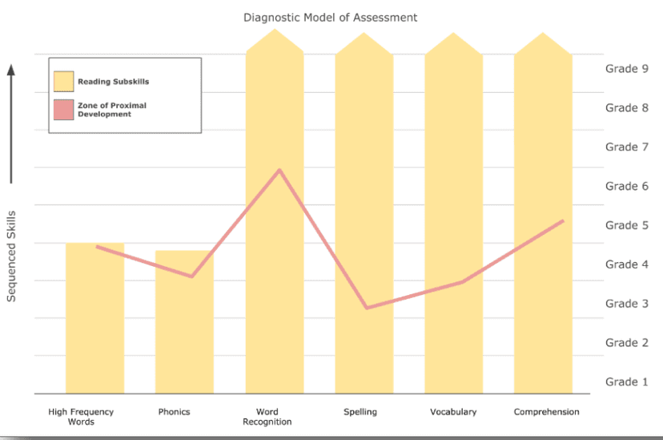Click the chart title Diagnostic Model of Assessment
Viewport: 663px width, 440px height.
331,17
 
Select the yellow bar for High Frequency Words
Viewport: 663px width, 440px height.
94,321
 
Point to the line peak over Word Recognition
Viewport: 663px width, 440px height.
279,170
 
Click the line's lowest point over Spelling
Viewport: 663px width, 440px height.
366,308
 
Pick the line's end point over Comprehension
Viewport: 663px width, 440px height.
563,220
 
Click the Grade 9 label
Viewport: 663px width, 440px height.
626,69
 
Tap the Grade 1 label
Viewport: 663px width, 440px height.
626,381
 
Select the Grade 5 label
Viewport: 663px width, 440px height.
626,225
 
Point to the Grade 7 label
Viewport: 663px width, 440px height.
626,147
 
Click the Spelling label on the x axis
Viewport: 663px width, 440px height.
360,412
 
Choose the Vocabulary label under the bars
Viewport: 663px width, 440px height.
453,412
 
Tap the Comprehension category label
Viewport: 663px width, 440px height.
546,412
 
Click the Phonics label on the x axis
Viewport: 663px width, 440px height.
175,412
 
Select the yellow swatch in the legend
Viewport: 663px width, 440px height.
63,82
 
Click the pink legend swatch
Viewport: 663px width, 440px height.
63,110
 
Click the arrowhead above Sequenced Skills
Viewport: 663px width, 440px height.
11,70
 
